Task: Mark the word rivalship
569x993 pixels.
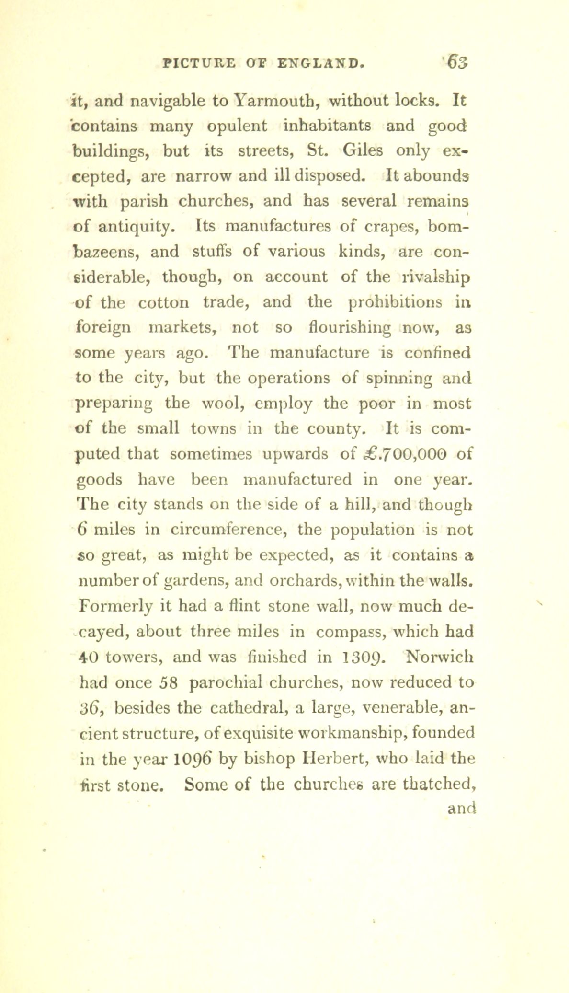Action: [x=429, y=277]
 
